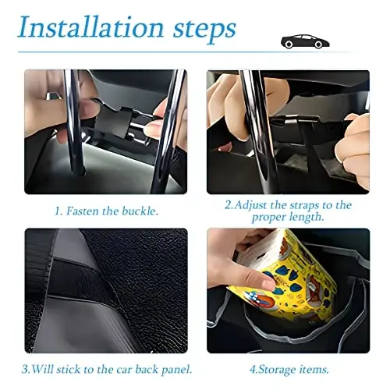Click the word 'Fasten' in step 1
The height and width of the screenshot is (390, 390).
coord(83,211)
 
